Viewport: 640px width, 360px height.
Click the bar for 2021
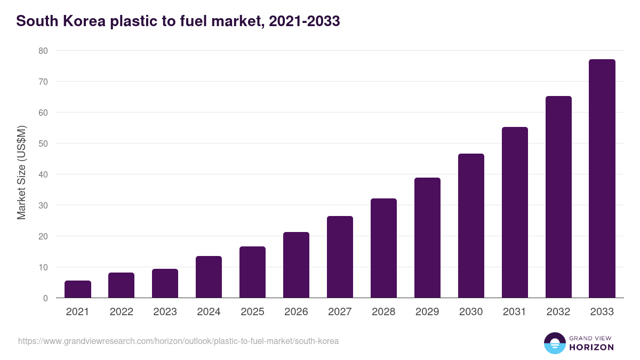click(78, 289)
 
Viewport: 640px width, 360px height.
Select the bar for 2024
click(209, 277)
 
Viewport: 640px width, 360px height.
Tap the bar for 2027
click(340, 257)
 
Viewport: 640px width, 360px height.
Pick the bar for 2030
click(471, 226)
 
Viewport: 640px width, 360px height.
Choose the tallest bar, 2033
click(602, 179)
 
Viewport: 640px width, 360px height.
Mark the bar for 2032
click(558, 197)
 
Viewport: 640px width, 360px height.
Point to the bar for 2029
click(427, 238)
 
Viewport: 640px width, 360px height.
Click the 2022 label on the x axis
click(121, 312)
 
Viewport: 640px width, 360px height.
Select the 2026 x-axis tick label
click(296, 312)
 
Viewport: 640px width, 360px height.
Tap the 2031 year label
click(515, 312)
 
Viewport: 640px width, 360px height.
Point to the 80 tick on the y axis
click(43, 51)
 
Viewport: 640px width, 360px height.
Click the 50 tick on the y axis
click(43, 143)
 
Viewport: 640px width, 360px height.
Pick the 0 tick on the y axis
click(45, 298)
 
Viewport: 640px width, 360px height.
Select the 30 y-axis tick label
click(43, 205)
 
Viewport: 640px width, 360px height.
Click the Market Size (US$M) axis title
click(21, 172)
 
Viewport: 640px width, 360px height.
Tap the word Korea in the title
click(85, 21)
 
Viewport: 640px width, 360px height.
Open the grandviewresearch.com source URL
click(178, 341)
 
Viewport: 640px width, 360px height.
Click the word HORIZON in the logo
click(591, 347)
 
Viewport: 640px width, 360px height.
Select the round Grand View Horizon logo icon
click(555, 343)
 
